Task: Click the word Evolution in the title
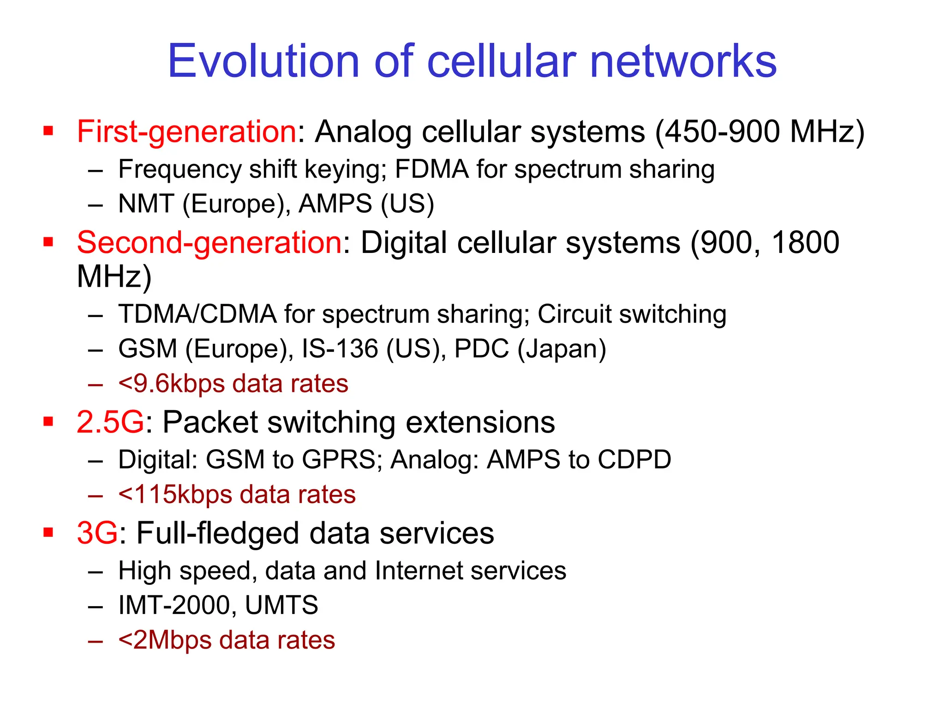pyautogui.click(x=263, y=61)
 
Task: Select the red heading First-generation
pyautogui.click(x=186, y=132)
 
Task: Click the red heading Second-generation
pyautogui.click(x=209, y=243)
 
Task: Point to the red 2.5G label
pyautogui.click(x=110, y=422)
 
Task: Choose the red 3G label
pyautogui.click(x=97, y=533)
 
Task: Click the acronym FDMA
pyautogui.click(x=431, y=169)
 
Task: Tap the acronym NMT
pyautogui.click(x=146, y=204)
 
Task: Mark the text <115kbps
pyautogui.click(x=175, y=494)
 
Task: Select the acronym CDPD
pyautogui.click(x=634, y=460)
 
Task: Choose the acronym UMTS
pyautogui.click(x=281, y=605)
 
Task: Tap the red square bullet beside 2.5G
pyautogui.click(x=48, y=421)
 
